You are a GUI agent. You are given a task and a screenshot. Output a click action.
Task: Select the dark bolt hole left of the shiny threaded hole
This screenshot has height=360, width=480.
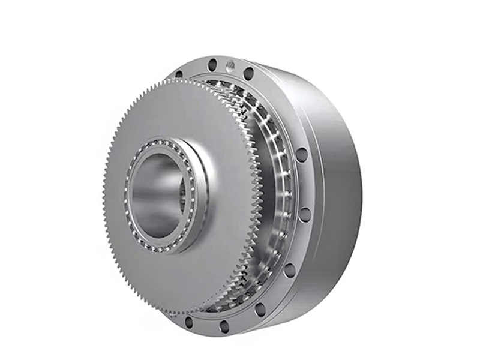211,62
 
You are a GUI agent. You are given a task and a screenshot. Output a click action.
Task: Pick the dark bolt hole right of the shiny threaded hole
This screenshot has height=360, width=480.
248,73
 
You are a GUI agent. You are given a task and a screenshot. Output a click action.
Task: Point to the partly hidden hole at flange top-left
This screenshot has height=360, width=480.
179,75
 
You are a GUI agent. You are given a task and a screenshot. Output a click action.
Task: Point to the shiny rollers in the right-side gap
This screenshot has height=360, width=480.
277,180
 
